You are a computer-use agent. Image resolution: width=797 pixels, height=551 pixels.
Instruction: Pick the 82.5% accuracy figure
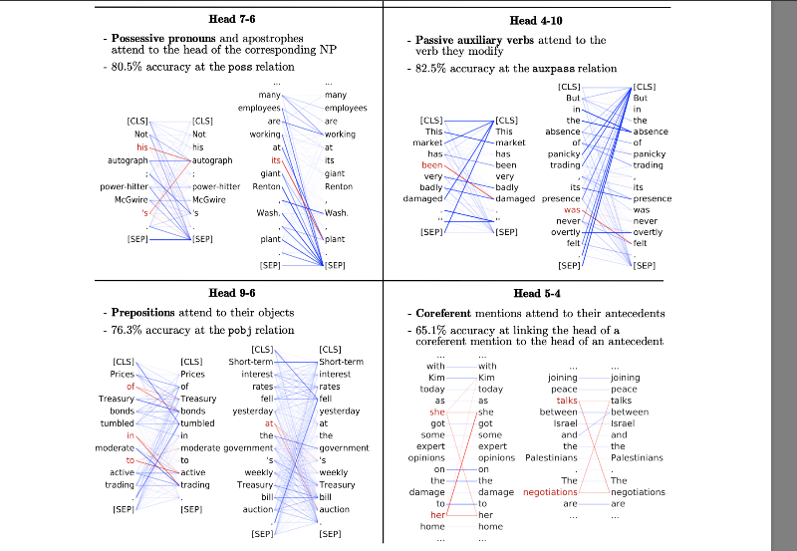coord(430,68)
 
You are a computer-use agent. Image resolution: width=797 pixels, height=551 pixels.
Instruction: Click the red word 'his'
coord(141,147)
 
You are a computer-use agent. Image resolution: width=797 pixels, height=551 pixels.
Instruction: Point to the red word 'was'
coord(573,210)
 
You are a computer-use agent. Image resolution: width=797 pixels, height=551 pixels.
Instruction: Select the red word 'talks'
coord(568,400)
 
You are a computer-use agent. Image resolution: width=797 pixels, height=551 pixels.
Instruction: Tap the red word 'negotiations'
coord(550,492)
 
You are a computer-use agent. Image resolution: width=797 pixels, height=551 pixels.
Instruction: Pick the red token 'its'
coord(276,160)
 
